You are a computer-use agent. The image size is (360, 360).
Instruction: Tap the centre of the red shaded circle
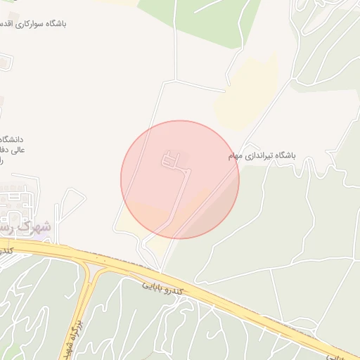[180, 179]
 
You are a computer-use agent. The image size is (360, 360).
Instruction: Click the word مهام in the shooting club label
[235, 155]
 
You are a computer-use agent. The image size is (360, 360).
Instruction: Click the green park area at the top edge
[211, 14]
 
